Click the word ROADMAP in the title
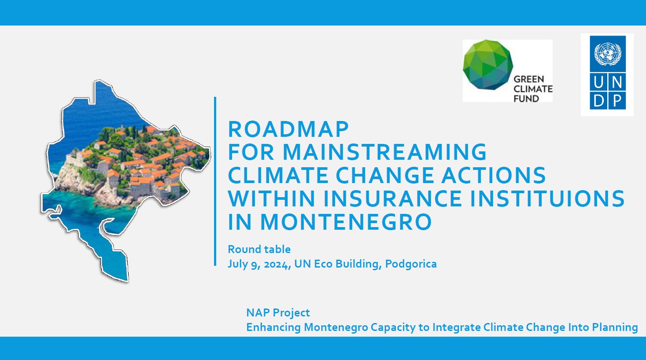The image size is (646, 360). click(288, 129)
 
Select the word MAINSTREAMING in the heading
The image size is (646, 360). click(385, 152)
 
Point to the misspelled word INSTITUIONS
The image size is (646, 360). click(547, 198)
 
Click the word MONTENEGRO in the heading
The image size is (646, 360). click(346, 222)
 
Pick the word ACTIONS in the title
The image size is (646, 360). click(494, 175)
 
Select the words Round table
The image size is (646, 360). click(259, 250)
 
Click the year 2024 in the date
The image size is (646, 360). click(277, 264)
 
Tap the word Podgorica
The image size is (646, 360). click(411, 264)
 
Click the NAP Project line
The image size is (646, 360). click(278, 312)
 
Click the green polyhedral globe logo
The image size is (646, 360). click(487, 64)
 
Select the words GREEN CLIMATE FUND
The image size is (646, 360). click(533, 89)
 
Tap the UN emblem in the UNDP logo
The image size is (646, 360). click(608, 54)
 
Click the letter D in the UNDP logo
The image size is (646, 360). click(599, 101)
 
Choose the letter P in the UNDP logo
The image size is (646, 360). click(617, 101)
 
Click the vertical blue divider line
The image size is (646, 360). click(215, 181)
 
